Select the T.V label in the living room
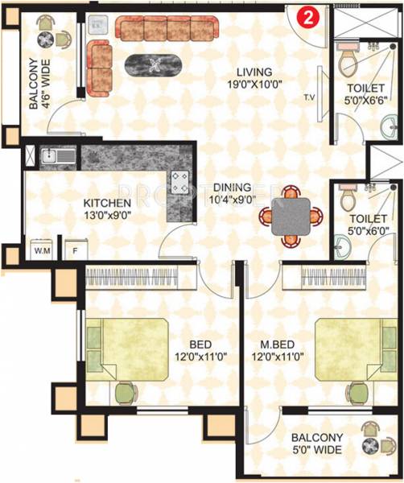[309, 98]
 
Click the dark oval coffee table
[153, 64]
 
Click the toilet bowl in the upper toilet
[348, 61]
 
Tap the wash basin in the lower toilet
[342, 247]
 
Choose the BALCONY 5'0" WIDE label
[318, 444]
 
